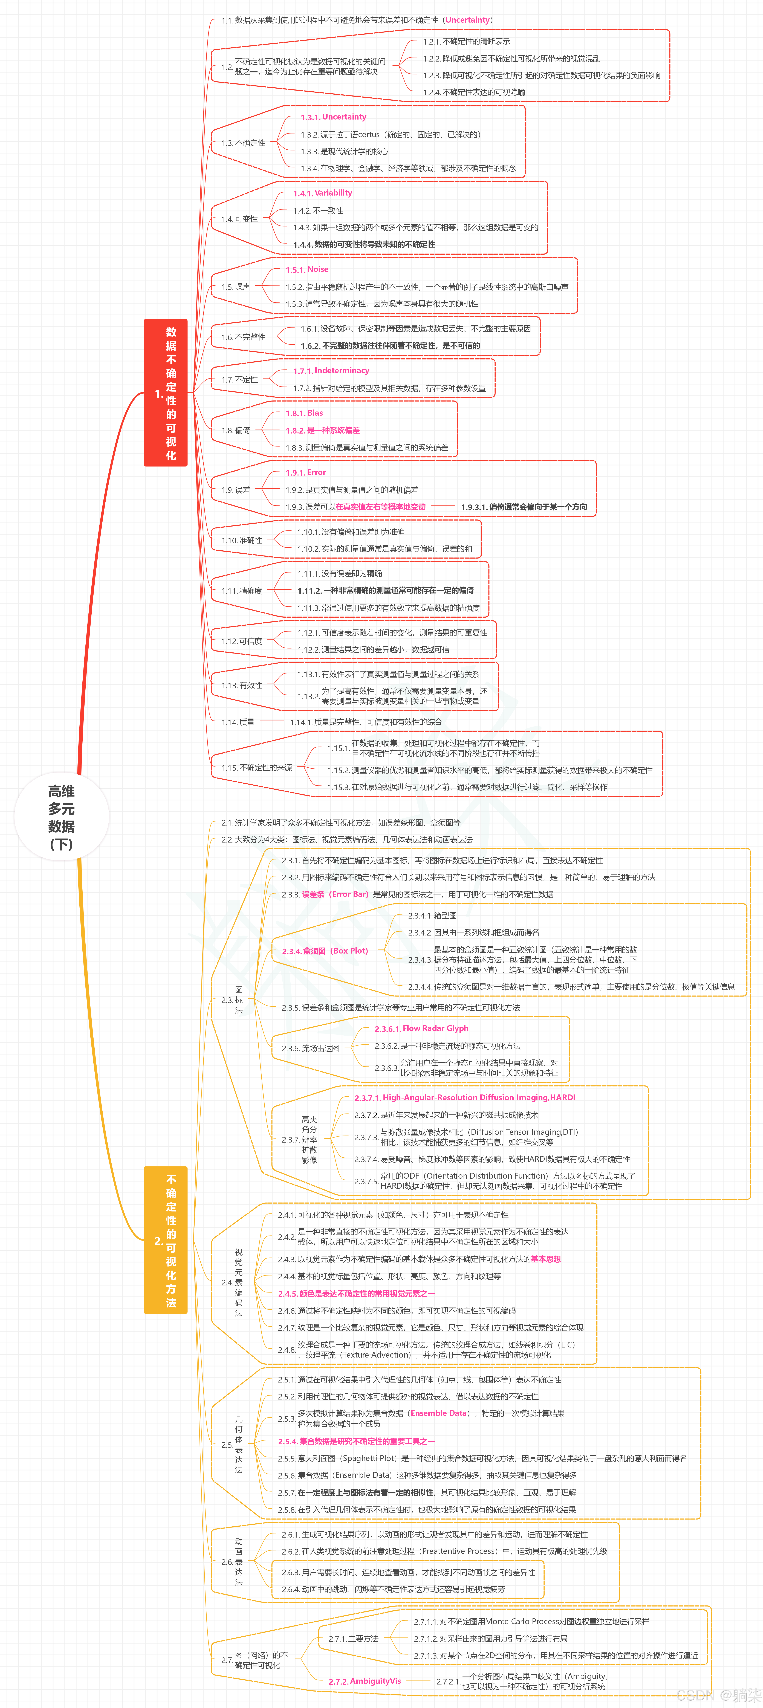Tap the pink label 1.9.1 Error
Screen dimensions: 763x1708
coord(306,473)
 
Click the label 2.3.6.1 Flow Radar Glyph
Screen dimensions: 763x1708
coord(421,1028)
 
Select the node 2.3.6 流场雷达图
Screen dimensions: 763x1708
coord(311,1048)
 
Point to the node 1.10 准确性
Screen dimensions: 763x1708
coord(241,540)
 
